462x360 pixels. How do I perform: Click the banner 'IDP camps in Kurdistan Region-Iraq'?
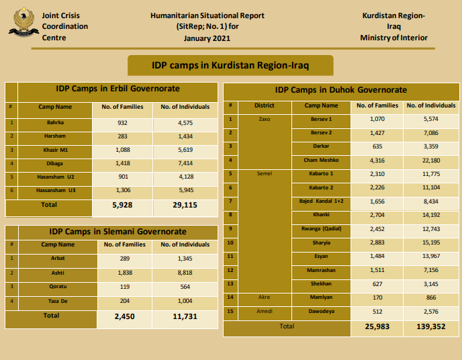point(230,65)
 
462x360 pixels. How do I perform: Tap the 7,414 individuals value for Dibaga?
point(185,163)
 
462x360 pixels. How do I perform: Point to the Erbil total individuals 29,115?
point(185,206)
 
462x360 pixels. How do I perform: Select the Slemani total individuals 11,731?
point(185,316)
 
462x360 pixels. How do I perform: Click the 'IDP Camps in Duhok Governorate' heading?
point(340,90)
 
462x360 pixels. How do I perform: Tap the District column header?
point(264,105)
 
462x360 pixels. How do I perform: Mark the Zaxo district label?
point(264,119)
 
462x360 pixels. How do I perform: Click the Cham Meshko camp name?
point(321,160)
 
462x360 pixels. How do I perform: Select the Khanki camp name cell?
point(321,215)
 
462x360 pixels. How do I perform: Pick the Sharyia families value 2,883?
point(377,242)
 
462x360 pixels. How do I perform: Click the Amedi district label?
point(264,311)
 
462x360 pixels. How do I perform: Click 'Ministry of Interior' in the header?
point(394,38)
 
